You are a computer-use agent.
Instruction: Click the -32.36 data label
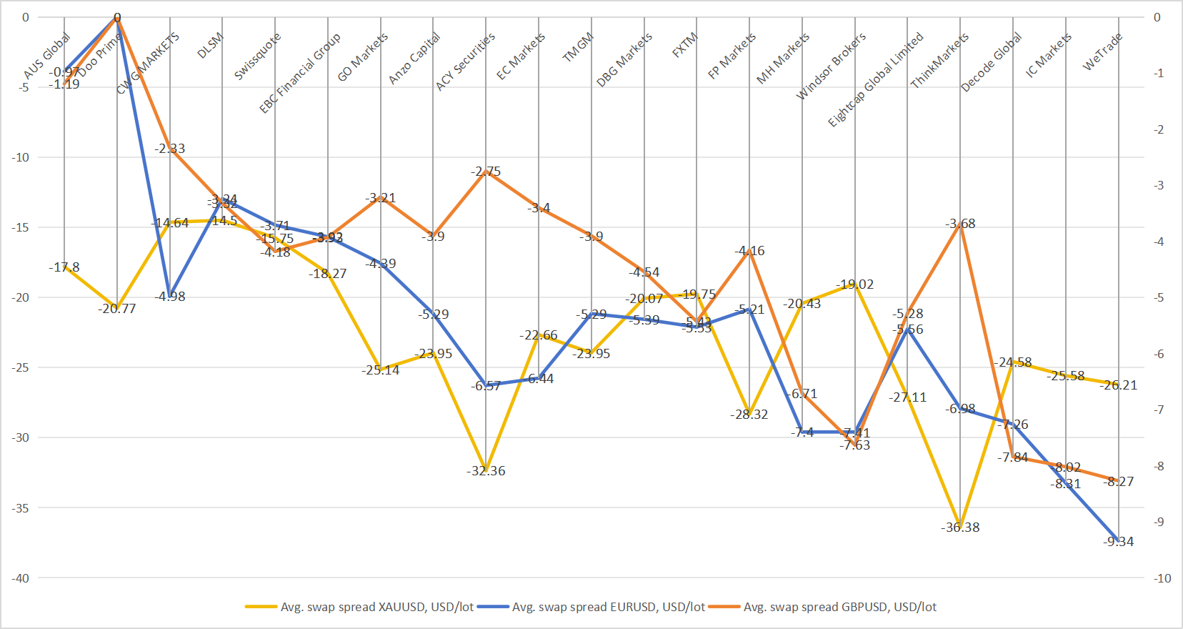(x=486, y=471)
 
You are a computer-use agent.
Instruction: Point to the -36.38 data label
(x=960, y=528)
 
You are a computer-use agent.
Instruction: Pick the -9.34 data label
(x=1118, y=542)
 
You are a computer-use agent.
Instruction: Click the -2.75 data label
(x=486, y=172)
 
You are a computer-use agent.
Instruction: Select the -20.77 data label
(x=117, y=309)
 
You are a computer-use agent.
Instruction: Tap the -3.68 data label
(x=960, y=224)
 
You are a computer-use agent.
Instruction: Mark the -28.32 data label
(x=749, y=415)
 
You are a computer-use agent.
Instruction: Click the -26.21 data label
(x=1118, y=385)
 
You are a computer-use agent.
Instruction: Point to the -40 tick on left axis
(x=20, y=578)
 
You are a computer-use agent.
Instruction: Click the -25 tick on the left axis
(x=20, y=367)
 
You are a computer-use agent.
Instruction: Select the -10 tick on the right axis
(x=1162, y=578)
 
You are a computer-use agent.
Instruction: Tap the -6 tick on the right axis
(x=1159, y=354)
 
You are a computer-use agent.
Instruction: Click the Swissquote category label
(x=257, y=56)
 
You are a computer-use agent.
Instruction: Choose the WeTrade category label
(x=1102, y=51)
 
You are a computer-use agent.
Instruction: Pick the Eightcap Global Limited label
(x=875, y=79)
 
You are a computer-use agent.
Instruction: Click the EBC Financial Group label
(x=299, y=73)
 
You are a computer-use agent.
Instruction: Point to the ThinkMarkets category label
(x=939, y=61)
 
